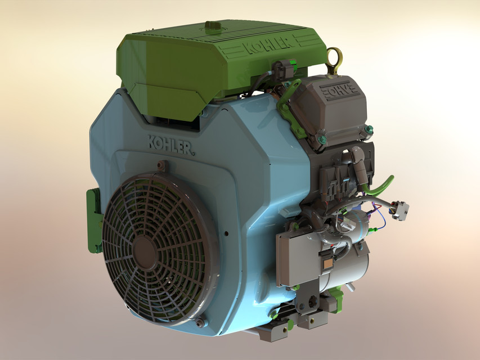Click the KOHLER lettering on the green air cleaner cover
(x=268, y=44)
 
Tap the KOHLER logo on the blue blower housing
(x=172, y=145)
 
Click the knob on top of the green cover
(x=212, y=26)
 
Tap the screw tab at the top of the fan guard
(x=162, y=165)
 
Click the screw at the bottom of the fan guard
(x=199, y=323)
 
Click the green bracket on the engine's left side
(x=93, y=219)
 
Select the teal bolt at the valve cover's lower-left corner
(x=322, y=138)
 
